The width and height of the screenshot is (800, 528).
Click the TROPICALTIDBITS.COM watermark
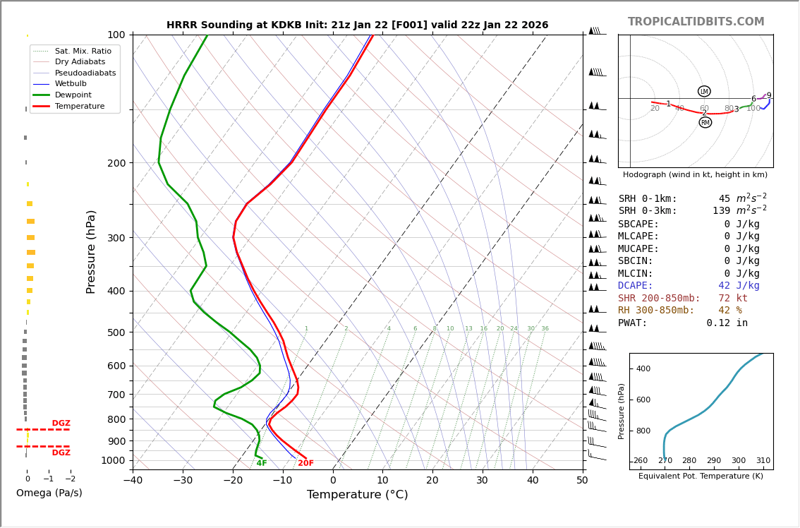[696, 22]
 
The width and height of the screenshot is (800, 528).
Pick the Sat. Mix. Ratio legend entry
[74, 51]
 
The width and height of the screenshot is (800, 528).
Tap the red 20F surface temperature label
[305, 464]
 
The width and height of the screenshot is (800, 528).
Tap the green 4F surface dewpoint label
[262, 464]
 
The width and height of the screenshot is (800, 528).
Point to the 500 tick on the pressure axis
[116, 332]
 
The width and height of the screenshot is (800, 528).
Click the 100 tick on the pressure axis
[116, 35]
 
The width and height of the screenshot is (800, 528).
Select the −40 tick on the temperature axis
[133, 481]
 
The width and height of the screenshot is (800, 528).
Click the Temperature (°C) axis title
[357, 495]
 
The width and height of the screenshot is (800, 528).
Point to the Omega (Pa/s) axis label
[49, 493]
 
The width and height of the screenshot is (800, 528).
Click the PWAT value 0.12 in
[727, 323]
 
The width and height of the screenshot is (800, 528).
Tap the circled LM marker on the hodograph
[704, 91]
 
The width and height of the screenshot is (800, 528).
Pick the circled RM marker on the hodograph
[705, 123]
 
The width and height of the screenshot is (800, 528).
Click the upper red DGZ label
[61, 424]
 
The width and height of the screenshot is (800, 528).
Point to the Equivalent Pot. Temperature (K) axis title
[701, 476]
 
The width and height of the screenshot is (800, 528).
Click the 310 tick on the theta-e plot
[763, 461]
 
